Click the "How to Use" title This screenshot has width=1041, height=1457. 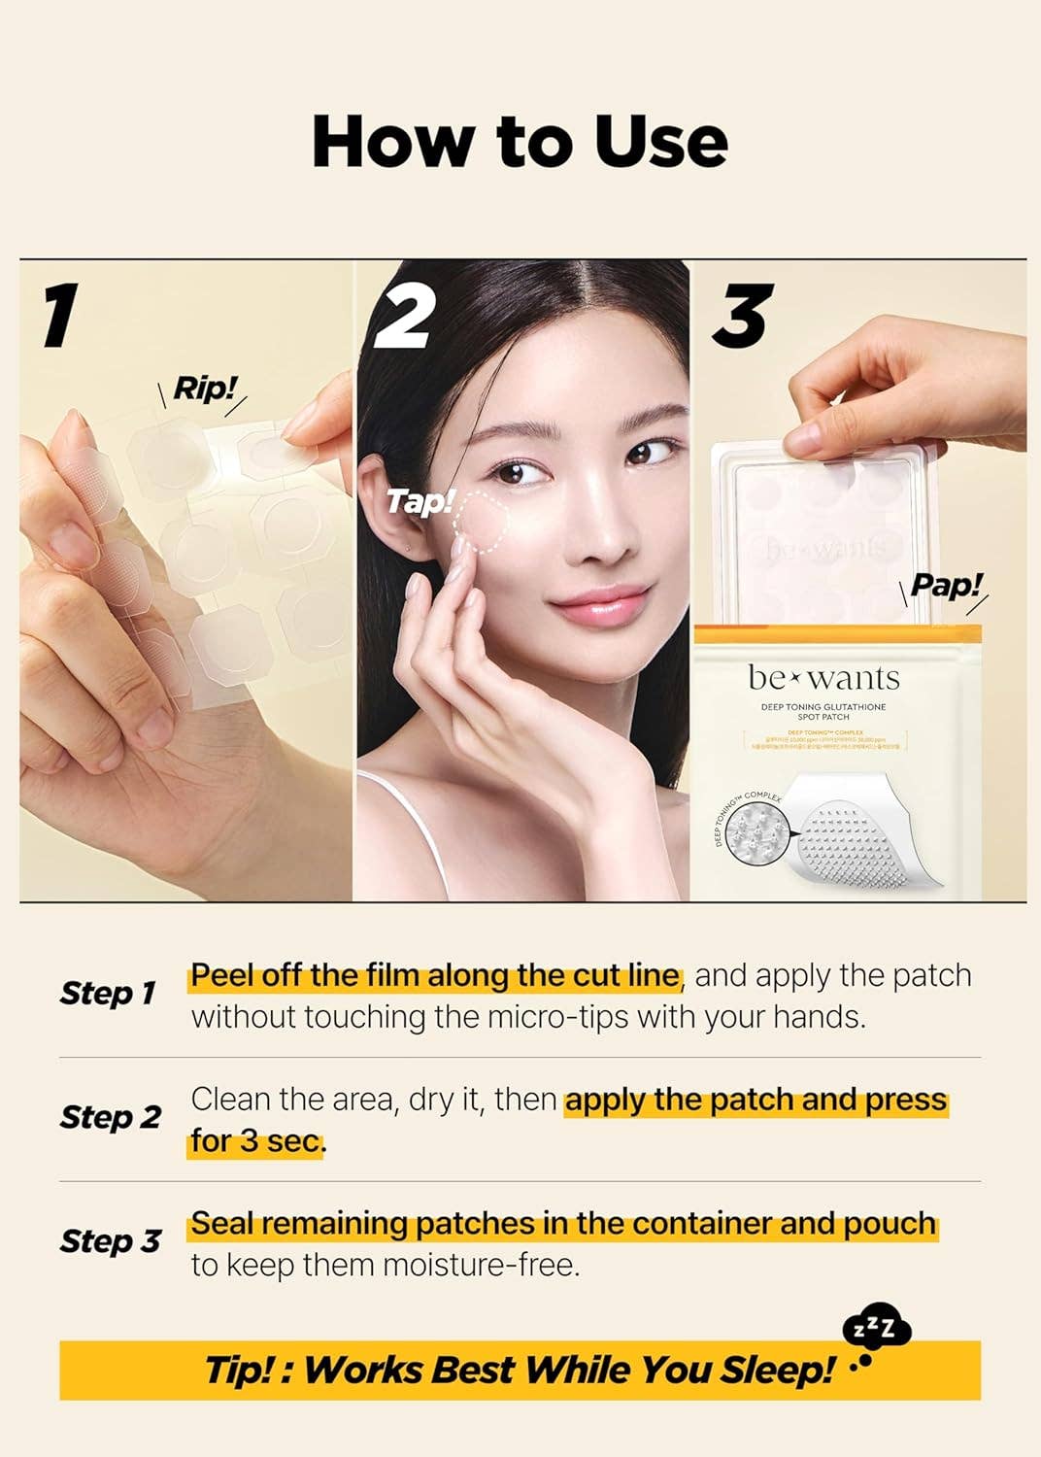[520, 143]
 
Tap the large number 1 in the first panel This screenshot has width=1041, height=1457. [60, 316]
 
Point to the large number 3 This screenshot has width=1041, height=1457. [743, 316]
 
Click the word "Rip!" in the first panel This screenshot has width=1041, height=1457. [204, 390]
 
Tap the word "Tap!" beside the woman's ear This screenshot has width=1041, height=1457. [420, 502]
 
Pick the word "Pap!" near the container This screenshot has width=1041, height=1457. [946, 586]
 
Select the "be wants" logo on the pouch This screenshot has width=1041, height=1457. [823, 677]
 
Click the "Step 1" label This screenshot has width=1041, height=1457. [108, 994]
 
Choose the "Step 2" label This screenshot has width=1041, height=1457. [110, 1117]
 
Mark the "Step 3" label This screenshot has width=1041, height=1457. [110, 1241]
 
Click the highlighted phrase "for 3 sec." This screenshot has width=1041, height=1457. [257, 1141]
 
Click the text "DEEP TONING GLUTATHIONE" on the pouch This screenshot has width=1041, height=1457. [823, 706]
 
